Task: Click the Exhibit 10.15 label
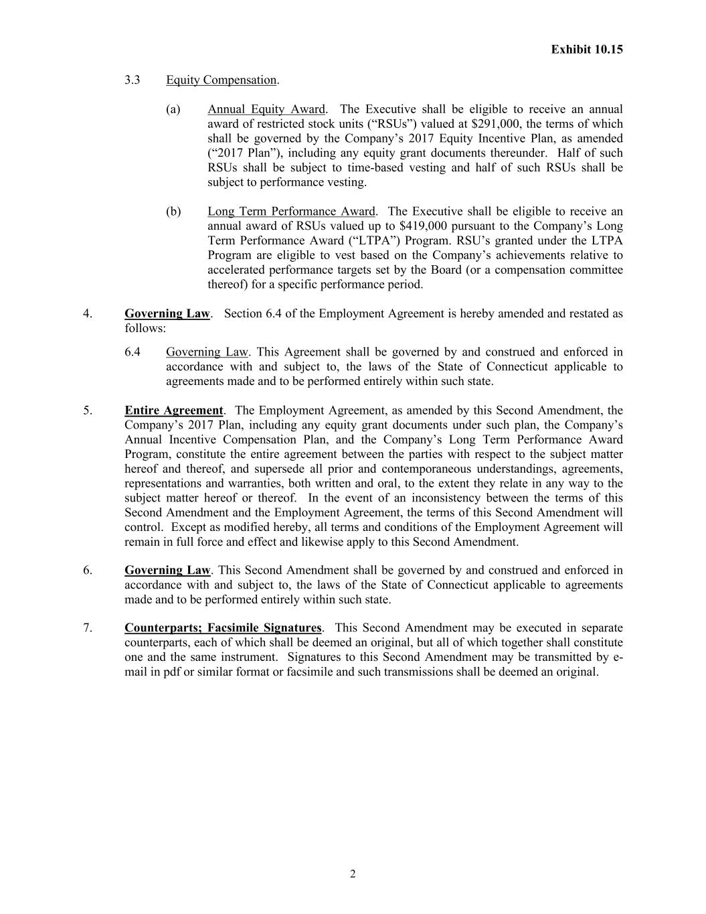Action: [x=587, y=49]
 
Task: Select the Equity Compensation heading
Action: [x=221, y=80]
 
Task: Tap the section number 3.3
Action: [x=133, y=80]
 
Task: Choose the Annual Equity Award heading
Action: [x=266, y=109]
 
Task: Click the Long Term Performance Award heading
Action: [x=291, y=212]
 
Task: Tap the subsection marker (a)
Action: [x=173, y=109]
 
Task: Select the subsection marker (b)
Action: [x=173, y=212]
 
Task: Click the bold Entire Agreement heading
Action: [x=173, y=410]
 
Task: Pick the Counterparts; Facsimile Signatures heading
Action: [x=223, y=628]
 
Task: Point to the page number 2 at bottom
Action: [x=353, y=874]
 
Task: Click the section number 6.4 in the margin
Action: [x=133, y=352]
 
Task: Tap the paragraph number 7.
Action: [x=88, y=628]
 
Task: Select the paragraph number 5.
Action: [x=88, y=410]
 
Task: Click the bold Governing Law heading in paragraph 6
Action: [x=167, y=570]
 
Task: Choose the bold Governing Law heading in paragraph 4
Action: [x=167, y=313]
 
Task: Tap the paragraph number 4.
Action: [x=88, y=313]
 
